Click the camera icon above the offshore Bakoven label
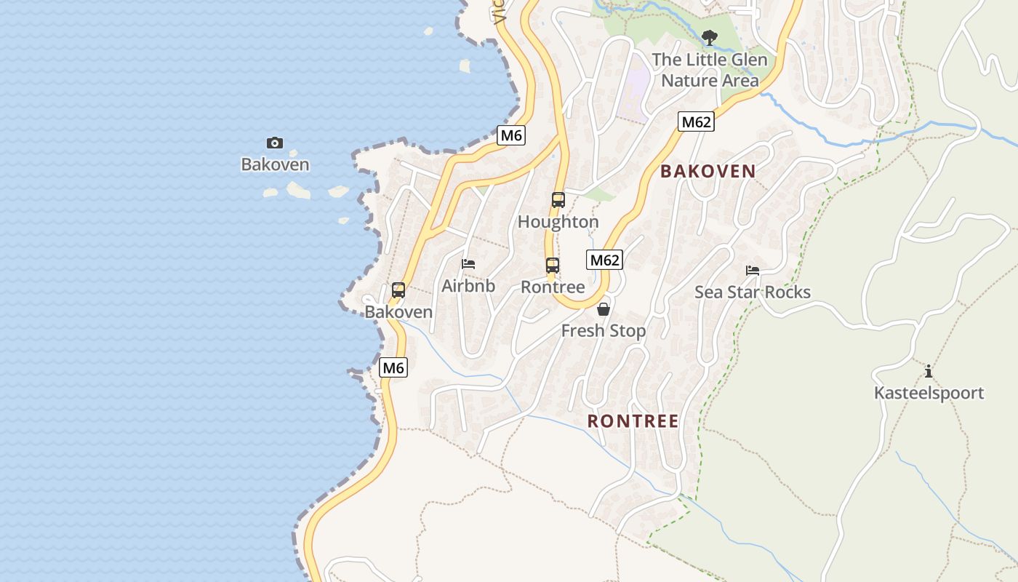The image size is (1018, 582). pos(275,143)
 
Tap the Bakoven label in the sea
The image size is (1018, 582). pos(275,164)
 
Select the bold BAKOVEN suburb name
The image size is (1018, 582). pos(708,172)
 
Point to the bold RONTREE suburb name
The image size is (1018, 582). pos(633,421)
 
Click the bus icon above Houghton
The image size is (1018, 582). pos(558,199)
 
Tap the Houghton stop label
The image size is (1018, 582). pos(558,222)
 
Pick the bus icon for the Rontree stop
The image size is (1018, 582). pos(553,266)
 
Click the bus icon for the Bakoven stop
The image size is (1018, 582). pos(398,290)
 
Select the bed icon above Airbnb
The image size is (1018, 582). pos(468,264)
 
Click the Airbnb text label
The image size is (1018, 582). pos(468,286)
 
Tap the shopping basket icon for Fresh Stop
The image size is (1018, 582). pos(604,309)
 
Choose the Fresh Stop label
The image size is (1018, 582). pos(604,331)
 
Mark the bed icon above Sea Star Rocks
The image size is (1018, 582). pos(753,271)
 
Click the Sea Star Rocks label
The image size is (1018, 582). pos(753,292)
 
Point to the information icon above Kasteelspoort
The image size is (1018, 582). pos(929,372)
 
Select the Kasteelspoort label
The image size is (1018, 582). pos(929,394)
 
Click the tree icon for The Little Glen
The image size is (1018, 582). pos(710,36)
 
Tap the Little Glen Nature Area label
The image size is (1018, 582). pos(710,70)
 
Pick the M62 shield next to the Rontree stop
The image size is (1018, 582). pos(605,260)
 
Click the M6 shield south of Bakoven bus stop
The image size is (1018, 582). pos(393,368)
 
